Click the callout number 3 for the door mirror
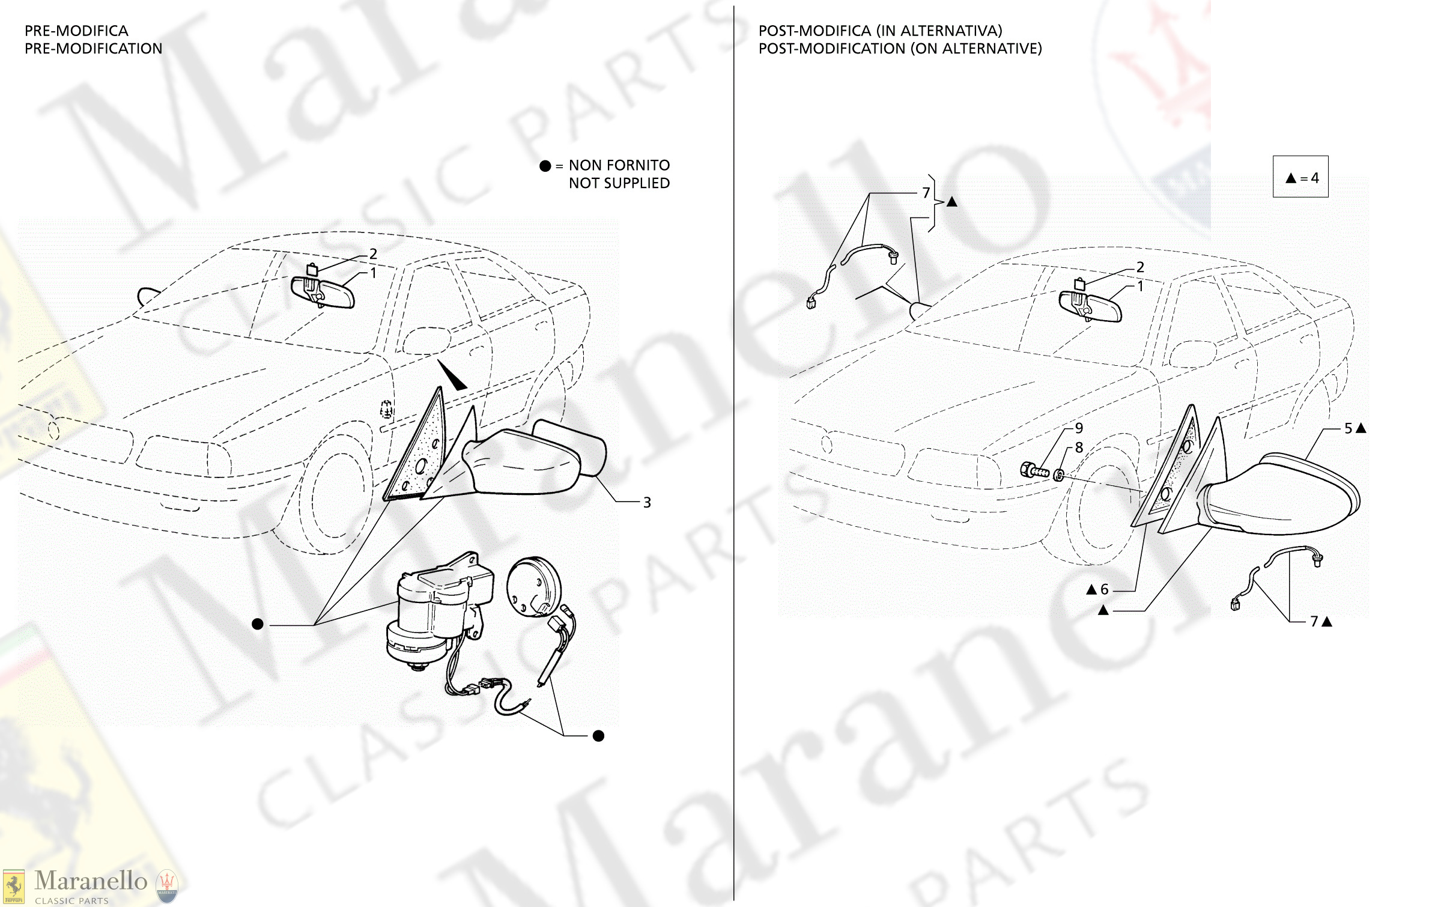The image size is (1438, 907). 647,503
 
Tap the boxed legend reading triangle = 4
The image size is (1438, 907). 1300,177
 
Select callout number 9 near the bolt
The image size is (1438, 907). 1079,428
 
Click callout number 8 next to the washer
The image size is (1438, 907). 1079,447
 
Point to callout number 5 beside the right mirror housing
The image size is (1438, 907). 1349,428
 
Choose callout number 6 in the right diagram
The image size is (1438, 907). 1104,590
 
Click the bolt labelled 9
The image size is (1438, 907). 1034,470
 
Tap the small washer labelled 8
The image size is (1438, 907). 1059,476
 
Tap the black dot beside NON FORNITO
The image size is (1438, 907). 545,166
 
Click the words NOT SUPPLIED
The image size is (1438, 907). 619,183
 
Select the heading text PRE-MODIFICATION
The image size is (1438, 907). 93,49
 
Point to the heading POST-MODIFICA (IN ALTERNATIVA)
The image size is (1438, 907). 880,31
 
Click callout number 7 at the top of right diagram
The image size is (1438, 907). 926,193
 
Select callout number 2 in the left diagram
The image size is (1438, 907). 373,254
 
